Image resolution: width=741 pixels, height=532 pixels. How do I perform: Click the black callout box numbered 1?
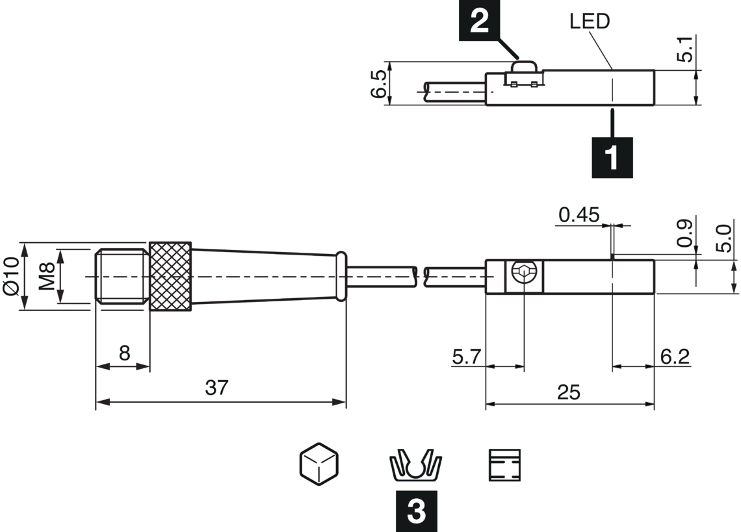click(612, 157)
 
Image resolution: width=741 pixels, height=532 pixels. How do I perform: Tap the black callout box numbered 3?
click(417, 511)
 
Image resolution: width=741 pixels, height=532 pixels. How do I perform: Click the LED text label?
click(590, 21)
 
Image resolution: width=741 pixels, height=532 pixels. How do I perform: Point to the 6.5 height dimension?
click(378, 84)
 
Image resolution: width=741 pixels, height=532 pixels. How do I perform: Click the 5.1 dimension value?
click(684, 49)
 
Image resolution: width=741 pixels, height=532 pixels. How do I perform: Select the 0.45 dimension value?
click(579, 215)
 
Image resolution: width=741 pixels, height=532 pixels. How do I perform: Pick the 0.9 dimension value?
click(684, 233)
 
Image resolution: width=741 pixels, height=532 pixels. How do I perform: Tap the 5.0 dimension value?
click(723, 238)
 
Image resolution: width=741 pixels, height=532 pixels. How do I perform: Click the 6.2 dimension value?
click(674, 357)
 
